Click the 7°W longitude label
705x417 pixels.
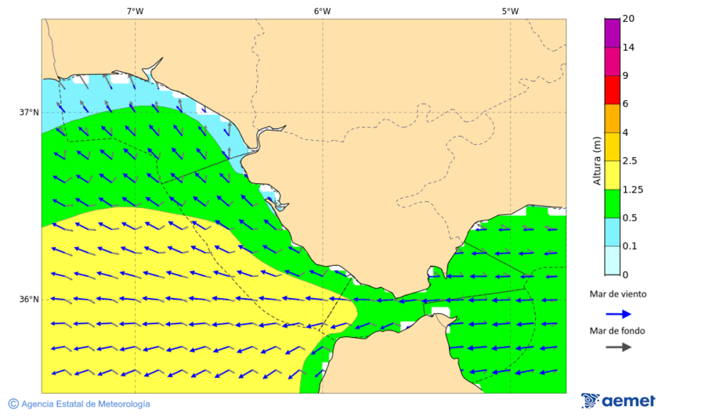[135, 11]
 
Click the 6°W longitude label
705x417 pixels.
[322, 11]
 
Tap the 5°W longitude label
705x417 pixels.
[510, 11]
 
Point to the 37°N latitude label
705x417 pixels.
[29, 112]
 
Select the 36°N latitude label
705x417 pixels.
[29, 299]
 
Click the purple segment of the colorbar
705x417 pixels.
[613, 33]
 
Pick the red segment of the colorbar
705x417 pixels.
[613, 90]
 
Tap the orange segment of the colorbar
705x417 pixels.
[613, 118]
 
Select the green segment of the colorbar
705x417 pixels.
[613, 203]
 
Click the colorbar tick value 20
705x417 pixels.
[627, 19]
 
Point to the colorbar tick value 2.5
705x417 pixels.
[629, 161]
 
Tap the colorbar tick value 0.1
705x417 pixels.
[629, 246]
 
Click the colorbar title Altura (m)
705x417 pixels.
[597, 161]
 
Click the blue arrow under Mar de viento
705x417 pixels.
[619, 314]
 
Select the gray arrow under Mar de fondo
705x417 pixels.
[619, 347]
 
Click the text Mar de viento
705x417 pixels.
[618, 294]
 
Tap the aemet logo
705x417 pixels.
[619, 401]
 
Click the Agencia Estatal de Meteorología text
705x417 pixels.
[85, 404]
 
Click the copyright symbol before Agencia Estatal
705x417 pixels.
[13, 404]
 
